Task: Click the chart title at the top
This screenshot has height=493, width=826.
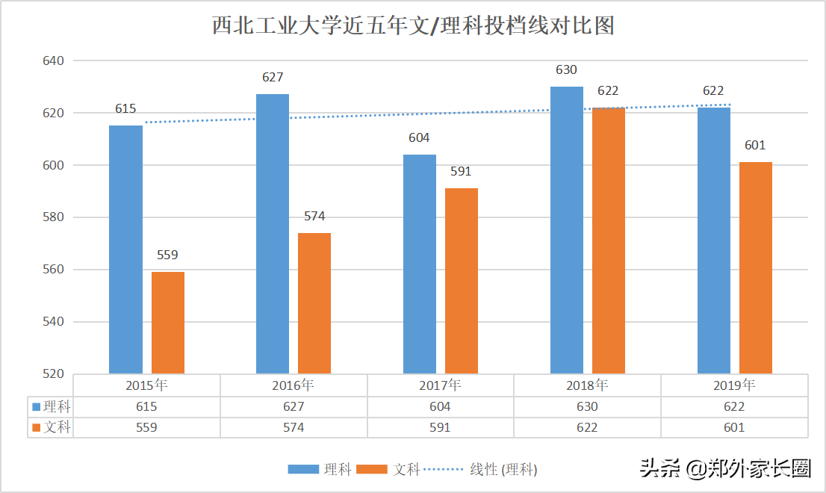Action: click(413, 26)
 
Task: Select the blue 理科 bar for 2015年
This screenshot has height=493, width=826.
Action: click(125, 249)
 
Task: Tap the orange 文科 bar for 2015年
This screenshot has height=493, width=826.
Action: click(167, 323)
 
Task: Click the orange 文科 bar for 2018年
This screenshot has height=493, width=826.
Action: click(608, 241)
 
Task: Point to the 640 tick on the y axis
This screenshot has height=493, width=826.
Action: click(54, 61)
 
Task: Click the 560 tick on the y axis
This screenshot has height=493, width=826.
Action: click(54, 270)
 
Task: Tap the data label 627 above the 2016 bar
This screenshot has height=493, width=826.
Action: click(273, 77)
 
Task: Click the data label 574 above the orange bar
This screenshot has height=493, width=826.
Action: click(314, 216)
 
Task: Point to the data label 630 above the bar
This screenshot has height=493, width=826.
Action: click(566, 69)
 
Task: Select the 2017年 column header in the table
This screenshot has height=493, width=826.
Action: click(440, 385)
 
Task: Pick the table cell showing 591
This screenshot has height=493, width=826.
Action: click(440, 427)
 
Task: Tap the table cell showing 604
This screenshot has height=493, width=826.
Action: click(440, 406)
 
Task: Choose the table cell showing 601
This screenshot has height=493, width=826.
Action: click(734, 427)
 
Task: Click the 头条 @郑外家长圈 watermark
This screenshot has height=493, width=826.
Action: click(725, 468)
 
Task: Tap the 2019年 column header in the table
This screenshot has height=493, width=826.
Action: click(734, 385)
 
